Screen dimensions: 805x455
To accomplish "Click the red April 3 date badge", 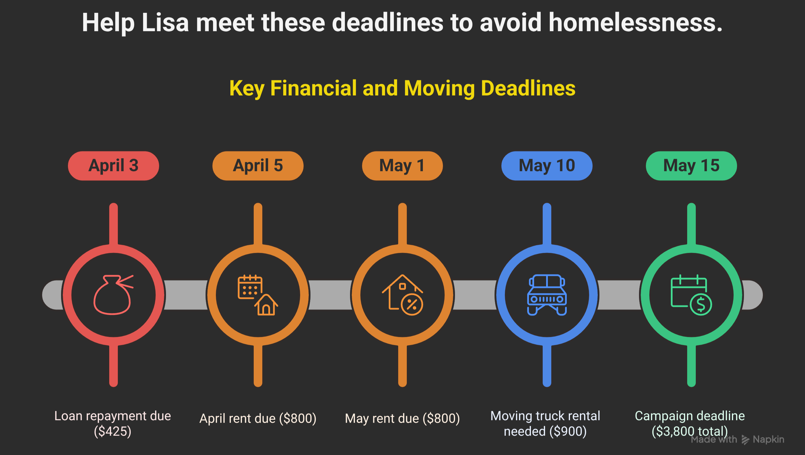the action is (114, 166).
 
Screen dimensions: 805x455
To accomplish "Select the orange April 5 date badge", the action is (258, 166).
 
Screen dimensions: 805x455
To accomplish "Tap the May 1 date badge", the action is (402, 166).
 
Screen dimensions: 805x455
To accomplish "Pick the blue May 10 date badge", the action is (547, 166).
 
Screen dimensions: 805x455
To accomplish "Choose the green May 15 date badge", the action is (691, 166).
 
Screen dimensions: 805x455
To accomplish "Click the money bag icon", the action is (114, 295).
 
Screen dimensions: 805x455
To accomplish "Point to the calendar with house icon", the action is (258, 295).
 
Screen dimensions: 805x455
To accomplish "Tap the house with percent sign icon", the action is (402, 295).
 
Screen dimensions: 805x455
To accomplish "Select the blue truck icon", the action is (547, 295).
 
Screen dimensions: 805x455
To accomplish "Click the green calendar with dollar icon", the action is (691, 295).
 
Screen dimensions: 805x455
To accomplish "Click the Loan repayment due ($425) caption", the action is (113, 423).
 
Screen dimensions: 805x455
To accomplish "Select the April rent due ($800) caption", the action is (258, 418).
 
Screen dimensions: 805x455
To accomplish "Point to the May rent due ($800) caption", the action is (402, 418).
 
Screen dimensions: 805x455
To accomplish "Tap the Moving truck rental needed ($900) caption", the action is (545, 423).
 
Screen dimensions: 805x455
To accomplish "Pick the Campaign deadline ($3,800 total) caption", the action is (690, 423).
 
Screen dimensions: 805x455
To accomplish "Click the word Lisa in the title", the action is (165, 22).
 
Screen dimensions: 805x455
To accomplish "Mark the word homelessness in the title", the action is (636, 22).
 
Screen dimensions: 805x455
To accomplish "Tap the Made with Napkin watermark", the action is (738, 439).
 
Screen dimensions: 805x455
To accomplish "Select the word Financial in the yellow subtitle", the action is (313, 88).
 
